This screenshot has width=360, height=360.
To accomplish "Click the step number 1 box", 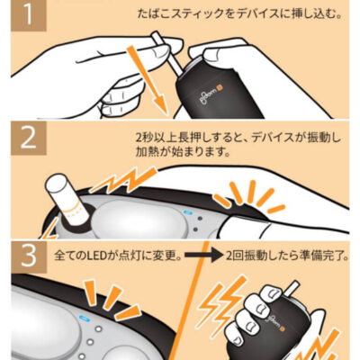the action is pyautogui.click(x=29, y=15).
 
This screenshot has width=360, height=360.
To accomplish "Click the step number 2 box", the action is pyautogui.click(x=29, y=138).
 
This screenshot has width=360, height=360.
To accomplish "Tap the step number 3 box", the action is pyautogui.click(x=29, y=256).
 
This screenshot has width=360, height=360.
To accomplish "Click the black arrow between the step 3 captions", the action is pyautogui.click(x=203, y=256).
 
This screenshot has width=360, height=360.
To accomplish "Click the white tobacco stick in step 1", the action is pyautogui.click(x=166, y=54).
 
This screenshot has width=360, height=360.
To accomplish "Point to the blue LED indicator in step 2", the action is pyautogui.click(x=189, y=212).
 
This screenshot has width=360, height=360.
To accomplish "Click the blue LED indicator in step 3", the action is pyautogui.click(x=83, y=318).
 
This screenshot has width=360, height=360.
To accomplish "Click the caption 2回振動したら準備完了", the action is pyautogui.click(x=285, y=256).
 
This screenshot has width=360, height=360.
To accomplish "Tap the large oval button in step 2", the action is pyautogui.click(x=137, y=217).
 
